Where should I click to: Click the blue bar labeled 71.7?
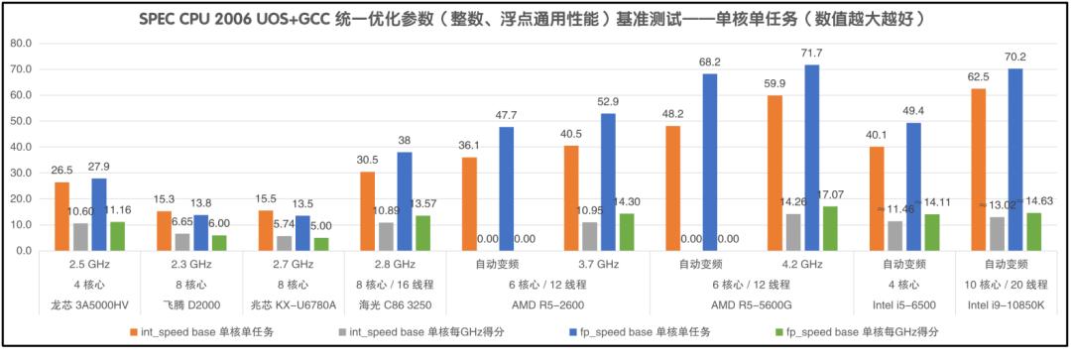(x=812, y=159)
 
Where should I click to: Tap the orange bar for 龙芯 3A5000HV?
(x=61, y=216)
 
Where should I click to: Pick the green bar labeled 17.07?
(x=829, y=229)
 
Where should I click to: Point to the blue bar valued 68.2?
(x=710, y=164)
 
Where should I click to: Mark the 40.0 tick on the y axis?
(x=20, y=148)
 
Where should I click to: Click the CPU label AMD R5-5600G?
(x=752, y=305)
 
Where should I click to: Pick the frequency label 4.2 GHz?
(x=802, y=266)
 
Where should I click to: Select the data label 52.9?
(x=609, y=101)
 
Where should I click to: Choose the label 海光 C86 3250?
(x=394, y=305)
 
